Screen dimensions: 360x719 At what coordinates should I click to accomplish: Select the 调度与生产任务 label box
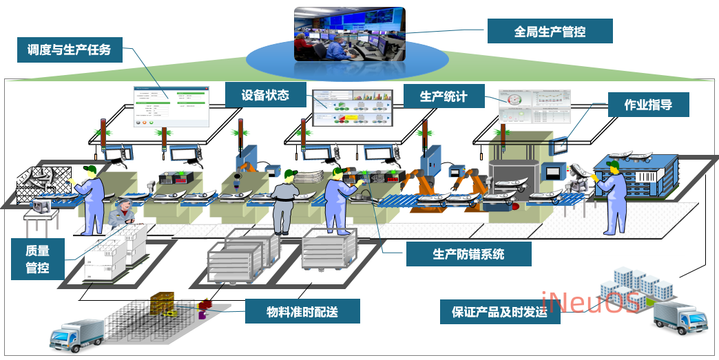pos(69,50)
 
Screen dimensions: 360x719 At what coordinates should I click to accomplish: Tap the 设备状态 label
pos(265,95)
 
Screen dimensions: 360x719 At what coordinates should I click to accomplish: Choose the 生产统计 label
pos(444,96)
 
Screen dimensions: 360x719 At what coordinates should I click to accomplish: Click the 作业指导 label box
pos(647,105)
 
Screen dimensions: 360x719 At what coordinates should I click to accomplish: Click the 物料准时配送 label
pos(302,311)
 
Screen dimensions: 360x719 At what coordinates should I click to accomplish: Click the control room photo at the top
pos(349,34)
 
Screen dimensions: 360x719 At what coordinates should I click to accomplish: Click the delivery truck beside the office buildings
pos(679,317)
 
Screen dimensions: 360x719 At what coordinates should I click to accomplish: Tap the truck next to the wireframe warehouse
pos(76,335)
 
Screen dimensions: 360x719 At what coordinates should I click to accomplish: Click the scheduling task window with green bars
pos(171,107)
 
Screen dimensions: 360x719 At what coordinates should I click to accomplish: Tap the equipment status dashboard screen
pos(352,108)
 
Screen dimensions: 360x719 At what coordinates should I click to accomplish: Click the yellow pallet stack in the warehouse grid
pos(164,304)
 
